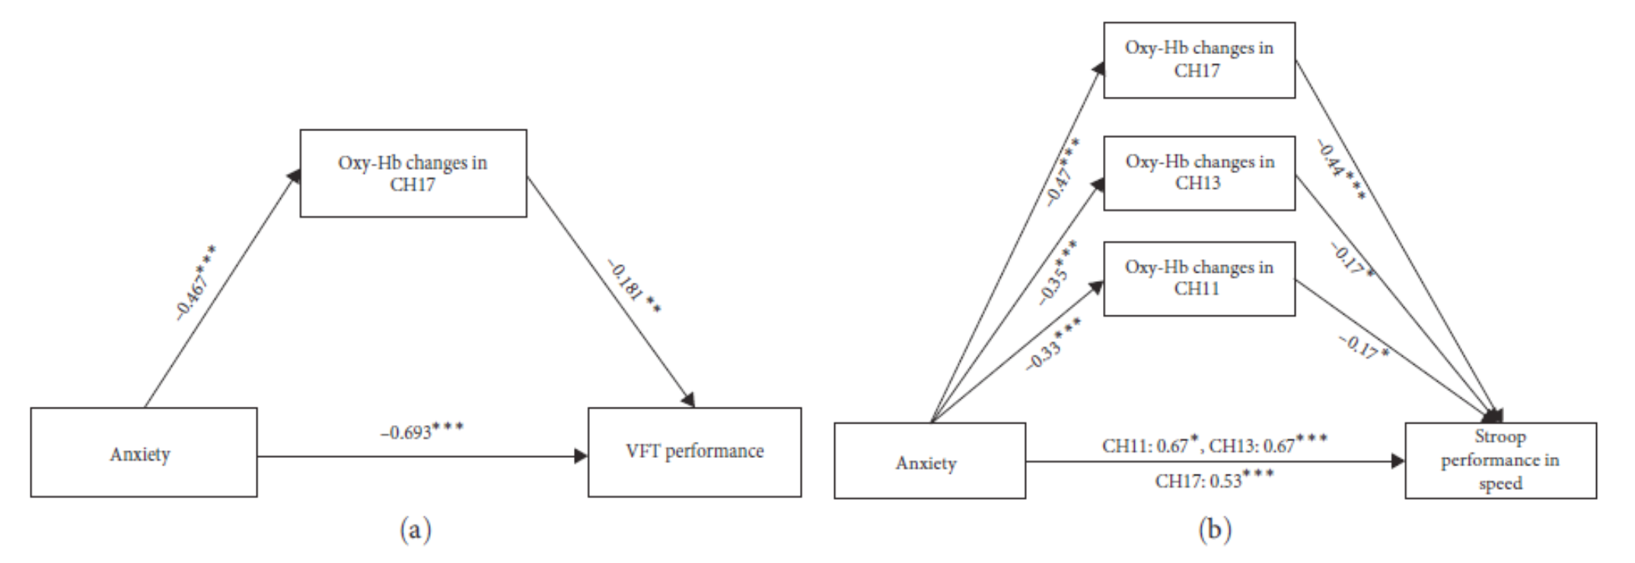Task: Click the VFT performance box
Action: point(694,452)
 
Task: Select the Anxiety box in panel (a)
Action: point(143,453)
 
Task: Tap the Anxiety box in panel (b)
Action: point(929,461)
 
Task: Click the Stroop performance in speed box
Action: point(1500,460)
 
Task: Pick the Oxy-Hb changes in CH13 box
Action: point(1199,173)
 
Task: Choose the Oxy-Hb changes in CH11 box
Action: point(1199,278)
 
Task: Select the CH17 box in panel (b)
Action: point(1199,60)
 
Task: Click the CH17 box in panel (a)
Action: point(413,173)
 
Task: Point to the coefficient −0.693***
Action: point(422,431)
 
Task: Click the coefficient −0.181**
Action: point(634,286)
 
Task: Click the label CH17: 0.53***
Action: point(1214,480)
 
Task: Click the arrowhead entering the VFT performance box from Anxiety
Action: point(582,456)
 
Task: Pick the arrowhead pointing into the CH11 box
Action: point(1097,286)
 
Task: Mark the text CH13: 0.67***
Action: point(1269,443)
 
